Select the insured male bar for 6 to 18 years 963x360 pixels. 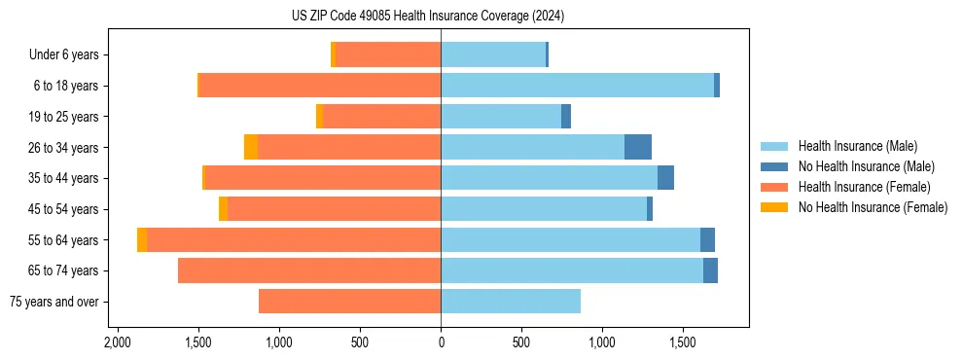click(x=577, y=86)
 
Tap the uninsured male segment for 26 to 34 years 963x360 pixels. click(x=637, y=147)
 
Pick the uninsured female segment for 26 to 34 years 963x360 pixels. click(x=251, y=147)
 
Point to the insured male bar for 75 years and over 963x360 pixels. click(x=511, y=302)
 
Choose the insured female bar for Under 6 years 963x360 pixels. click(x=388, y=54)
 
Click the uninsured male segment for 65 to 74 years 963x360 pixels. click(x=710, y=270)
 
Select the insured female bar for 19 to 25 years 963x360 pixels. click(x=381, y=117)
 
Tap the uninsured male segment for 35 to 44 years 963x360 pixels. click(x=665, y=178)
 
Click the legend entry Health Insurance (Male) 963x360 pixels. click(x=857, y=146)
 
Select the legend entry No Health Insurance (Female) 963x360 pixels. click(x=873, y=207)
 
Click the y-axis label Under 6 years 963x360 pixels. click(x=64, y=55)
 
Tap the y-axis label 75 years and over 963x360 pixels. click(x=53, y=302)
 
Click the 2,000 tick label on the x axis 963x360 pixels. click(x=118, y=342)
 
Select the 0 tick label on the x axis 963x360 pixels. click(x=441, y=342)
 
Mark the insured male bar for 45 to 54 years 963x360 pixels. click(x=544, y=209)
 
